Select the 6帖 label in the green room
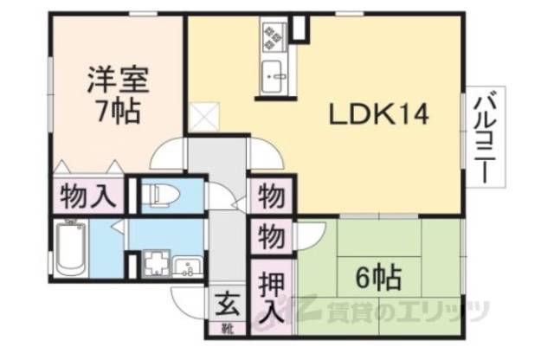point(379,279)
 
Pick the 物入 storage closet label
point(87,196)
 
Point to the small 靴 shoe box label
point(227,329)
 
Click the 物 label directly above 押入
point(269,235)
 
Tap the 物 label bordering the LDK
point(269,195)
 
